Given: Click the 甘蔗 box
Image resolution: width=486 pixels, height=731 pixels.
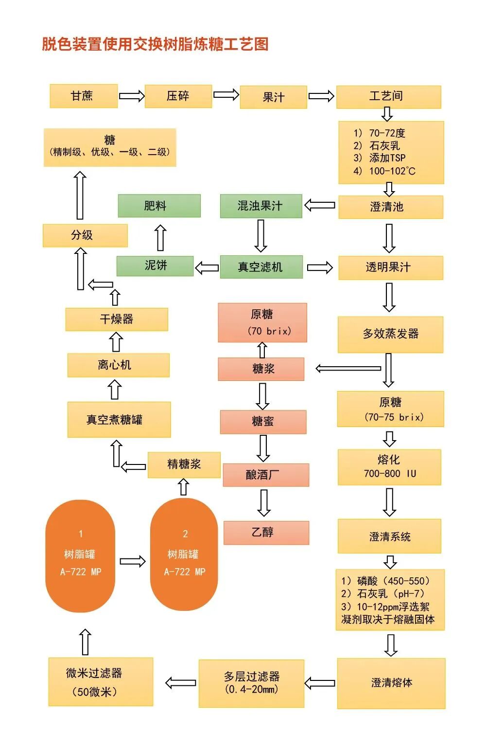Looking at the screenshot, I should (x=84, y=96).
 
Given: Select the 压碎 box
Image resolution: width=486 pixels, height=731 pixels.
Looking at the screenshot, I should (x=178, y=96).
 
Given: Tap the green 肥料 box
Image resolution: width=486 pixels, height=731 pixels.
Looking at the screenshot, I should (x=159, y=206).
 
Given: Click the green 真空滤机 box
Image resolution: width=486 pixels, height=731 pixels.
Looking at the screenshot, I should (x=261, y=267).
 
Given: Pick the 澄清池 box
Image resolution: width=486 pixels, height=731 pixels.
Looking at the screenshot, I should (x=390, y=207).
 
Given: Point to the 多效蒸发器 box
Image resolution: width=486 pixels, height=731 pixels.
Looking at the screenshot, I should (x=390, y=334).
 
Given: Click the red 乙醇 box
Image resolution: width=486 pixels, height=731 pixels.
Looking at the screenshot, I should (x=266, y=533).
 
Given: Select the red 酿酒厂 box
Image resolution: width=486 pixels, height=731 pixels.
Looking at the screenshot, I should (x=266, y=475).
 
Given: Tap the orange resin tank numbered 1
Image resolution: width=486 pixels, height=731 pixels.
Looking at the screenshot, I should (x=80, y=555).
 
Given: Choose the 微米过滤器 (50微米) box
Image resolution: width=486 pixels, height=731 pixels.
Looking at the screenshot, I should (x=101, y=681).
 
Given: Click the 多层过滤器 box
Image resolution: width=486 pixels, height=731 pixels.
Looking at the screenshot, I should (x=251, y=683).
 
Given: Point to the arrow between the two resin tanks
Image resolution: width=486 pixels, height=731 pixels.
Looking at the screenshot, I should (x=132, y=561).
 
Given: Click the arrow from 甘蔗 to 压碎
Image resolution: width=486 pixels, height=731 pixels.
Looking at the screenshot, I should (x=131, y=96).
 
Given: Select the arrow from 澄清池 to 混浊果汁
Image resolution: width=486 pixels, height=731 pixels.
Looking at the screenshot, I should (x=320, y=205).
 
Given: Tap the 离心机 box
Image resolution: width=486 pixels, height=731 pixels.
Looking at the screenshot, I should (x=118, y=365).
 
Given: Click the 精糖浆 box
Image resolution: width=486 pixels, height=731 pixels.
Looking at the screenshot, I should (x=184, y=464).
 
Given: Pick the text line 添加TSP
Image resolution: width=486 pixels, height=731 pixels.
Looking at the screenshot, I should (x=387, y=158).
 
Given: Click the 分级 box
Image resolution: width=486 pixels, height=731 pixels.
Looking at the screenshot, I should (x=85, y=235).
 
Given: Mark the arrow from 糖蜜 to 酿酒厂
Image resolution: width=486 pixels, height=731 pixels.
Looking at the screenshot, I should (x=263, y=448).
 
